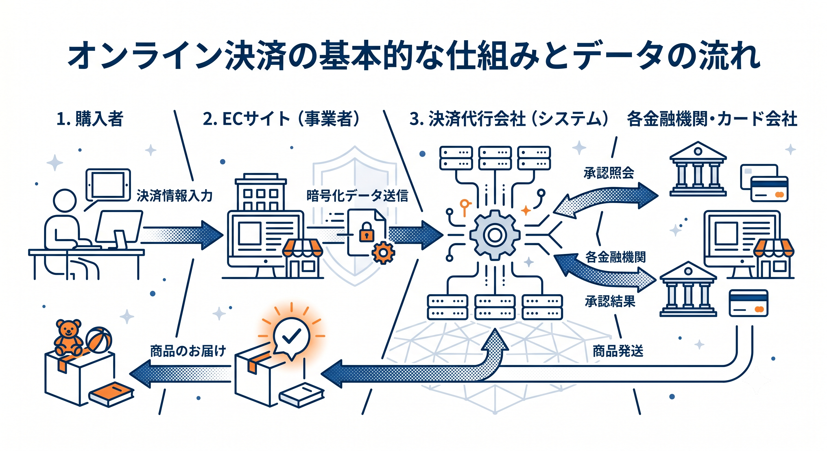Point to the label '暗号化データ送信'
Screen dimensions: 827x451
tap(357, 196)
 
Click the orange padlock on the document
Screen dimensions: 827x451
tap(366, 232)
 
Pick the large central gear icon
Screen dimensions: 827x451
tap(495, 235)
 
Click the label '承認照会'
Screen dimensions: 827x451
tap(609, 173)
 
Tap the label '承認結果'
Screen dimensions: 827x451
tap(610, 302)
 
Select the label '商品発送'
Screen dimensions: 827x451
tap(618, 351)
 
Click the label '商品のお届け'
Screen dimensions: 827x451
tap(188, 351)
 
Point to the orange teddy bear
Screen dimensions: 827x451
tap(68, 337)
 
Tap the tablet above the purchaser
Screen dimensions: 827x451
tap(108, 185)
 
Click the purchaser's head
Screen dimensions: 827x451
tap(65, 201)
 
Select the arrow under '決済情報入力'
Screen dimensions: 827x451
tap(182, 235)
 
